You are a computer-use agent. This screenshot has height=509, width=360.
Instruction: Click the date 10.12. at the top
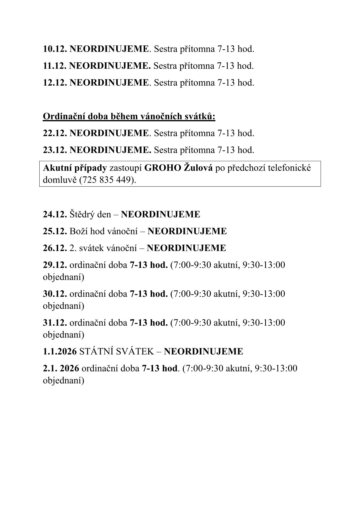click(x=55, y=49)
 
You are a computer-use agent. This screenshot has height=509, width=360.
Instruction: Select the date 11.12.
click(x=54, y=66)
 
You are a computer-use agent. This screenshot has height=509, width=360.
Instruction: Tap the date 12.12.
click(x=55, y=83)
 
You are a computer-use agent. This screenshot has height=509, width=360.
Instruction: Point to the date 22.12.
click(x=55, y=133)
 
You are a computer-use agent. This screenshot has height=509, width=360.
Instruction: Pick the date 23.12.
click(x=55, y=150)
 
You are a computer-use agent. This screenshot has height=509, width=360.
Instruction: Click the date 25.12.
click(x=55, y=231)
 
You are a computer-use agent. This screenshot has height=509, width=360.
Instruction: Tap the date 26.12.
click(x=55, y=248)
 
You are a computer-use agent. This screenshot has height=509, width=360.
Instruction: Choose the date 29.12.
click(x=55, y=265)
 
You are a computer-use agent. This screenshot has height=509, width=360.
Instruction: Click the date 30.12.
click(x=55, y=294)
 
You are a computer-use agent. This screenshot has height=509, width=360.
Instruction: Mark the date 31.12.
click(x=55, y=323)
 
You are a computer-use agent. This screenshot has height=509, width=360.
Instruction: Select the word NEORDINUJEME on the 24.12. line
click(x=160, y=215)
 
